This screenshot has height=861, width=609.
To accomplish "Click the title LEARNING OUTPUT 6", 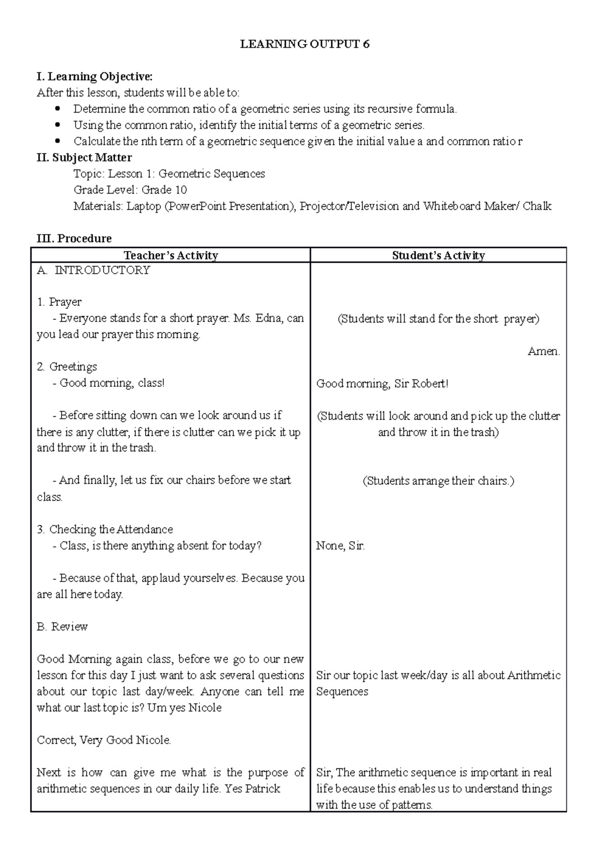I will [x=304, y=45].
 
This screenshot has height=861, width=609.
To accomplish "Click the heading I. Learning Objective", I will [x=94, y=77].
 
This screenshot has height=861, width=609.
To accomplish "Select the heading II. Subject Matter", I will [x=84, y=158].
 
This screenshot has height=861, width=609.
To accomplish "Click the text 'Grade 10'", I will [x=164, y=190].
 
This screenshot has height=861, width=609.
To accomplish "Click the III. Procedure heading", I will [x=74, y=238].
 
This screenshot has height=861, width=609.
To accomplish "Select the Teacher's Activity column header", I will [x=171, y=255].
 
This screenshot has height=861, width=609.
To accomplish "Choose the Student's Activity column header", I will [x=438, y=255].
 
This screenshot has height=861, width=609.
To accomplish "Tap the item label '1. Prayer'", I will [x=59, y=302].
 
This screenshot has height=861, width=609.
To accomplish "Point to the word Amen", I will [x=544, y=351].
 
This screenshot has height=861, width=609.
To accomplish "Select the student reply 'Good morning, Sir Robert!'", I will [x=382, y=384].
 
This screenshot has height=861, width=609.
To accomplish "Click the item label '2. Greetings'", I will [x=66, y=367].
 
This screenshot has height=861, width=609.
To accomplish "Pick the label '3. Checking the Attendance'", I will [x=105, y=529].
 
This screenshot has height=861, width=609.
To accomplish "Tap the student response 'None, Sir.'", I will [x=340, y=546].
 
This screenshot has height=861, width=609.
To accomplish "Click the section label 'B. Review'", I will [x=62, y=627].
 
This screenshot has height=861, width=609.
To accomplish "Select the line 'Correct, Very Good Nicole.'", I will [x=104, y=740].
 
